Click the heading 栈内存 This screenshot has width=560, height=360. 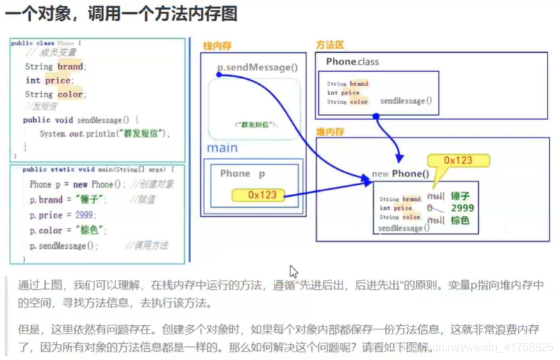click(217, 46)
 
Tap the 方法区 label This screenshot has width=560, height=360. click(330, 44)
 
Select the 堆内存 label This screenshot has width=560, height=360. click(330, 131)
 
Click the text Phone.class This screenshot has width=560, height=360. click(352, 62)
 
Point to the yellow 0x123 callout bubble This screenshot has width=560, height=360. click(458, 161)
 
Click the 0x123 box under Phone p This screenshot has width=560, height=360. click(262, 195)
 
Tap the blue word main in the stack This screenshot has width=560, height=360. click(222, 148)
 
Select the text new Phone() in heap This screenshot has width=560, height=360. click(397, 174)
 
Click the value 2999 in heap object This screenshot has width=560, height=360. click(462, 208)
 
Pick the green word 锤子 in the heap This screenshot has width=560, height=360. click(460, 196)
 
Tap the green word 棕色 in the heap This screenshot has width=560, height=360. click(460, 220)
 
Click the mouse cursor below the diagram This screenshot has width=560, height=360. click(294, 271)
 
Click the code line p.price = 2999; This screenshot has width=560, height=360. click(63, 215)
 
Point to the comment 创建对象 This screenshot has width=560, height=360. click(156, 184)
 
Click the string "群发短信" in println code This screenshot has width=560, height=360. click(142, 133)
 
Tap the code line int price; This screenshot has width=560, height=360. click(48, 81)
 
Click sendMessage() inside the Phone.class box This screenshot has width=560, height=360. click(406, 101)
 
